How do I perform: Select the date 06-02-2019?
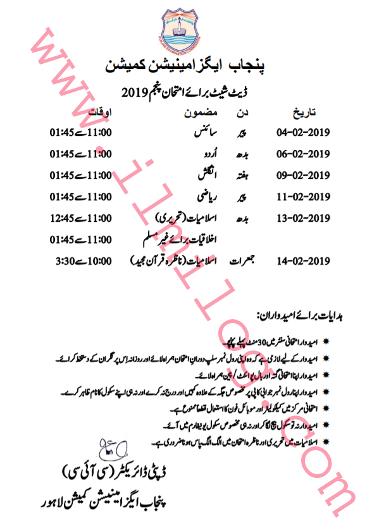point(303,154)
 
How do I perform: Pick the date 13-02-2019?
point(303,219)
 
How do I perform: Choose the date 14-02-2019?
point(303,260)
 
